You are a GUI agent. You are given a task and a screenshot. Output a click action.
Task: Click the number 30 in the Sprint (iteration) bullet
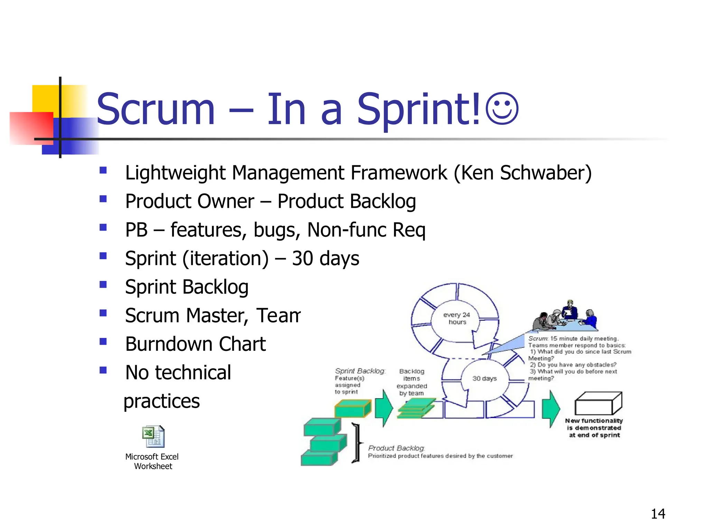[302, 258]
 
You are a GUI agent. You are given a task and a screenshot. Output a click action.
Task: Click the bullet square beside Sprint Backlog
[103, 285]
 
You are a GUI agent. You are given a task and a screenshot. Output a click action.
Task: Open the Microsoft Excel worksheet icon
[153, 437]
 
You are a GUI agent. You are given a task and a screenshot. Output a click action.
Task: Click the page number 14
[658, 514]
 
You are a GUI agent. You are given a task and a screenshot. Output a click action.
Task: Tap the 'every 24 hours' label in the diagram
[456, 318]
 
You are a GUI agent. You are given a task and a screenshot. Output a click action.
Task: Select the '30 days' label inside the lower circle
[484, 379]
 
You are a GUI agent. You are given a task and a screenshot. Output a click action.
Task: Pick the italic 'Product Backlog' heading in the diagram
[396, 448]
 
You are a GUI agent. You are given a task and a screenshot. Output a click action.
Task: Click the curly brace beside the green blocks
[356, 443]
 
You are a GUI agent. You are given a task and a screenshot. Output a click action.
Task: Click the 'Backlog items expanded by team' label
[411, 382]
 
